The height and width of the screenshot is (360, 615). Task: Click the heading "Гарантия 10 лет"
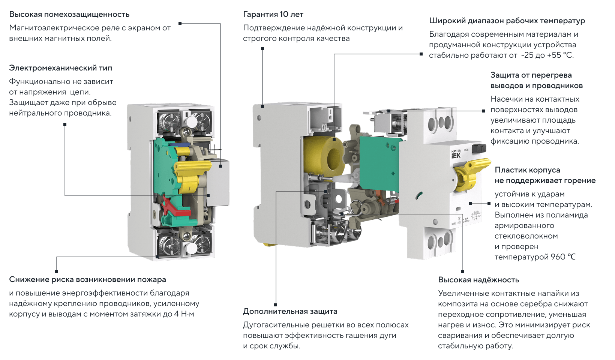pos(273,14)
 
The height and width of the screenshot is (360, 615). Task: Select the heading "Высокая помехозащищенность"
pos(69,14)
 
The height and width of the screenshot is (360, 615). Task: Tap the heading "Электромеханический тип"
pos(61,68)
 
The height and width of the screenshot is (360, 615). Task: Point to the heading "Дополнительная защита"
pos(290,311)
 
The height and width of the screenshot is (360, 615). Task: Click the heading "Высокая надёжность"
pos(478,280)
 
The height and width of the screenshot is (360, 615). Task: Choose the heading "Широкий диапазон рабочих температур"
pos(507,21)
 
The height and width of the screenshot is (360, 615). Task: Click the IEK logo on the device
pos(456,156)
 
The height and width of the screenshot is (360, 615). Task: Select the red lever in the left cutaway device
pos(175,207)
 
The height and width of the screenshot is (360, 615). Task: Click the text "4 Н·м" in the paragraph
pos(184,314)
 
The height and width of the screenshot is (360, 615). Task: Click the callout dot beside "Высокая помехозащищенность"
pos(180,24)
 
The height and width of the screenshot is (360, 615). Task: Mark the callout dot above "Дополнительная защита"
pos(276,305)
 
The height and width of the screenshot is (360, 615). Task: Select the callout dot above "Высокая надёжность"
pos(463,271)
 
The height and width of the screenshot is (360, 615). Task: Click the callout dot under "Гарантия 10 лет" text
pos(262,49)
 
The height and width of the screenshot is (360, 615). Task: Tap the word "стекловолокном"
pos(526,236)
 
